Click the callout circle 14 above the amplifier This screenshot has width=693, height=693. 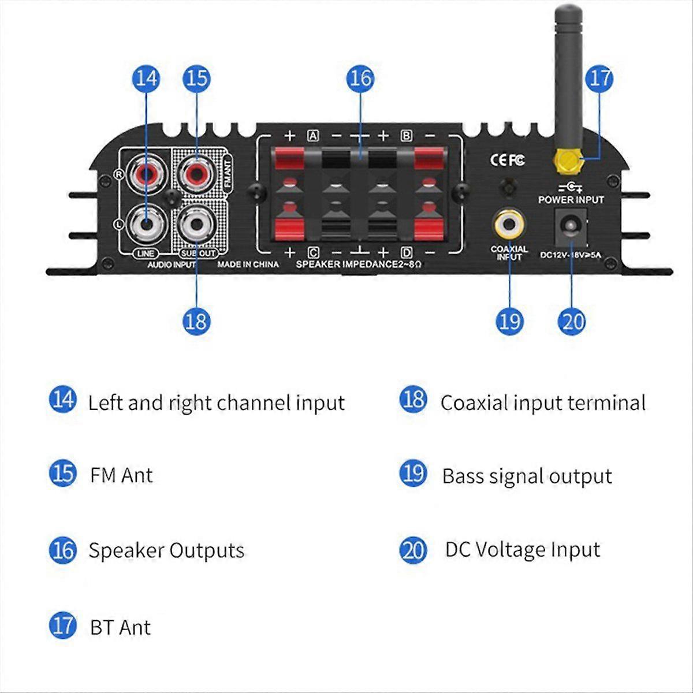click(146, 78)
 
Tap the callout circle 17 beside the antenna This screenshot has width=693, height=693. click(599, 78)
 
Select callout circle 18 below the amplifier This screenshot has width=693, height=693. click(197, 321)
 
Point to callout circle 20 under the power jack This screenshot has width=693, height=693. click(572, 321)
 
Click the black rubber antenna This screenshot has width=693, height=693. click(568, 75)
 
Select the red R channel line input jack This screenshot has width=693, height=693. click(146, 173)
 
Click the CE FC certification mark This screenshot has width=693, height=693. click(507, 159)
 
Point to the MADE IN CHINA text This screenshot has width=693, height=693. click(248, 264)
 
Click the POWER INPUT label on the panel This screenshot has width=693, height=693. click(571, 200)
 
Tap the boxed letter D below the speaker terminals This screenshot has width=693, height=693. click(407, 252)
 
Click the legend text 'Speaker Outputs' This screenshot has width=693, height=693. click(166, 550)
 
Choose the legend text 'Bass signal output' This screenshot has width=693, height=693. click(527, 476)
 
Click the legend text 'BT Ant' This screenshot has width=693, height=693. click(120, 627)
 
